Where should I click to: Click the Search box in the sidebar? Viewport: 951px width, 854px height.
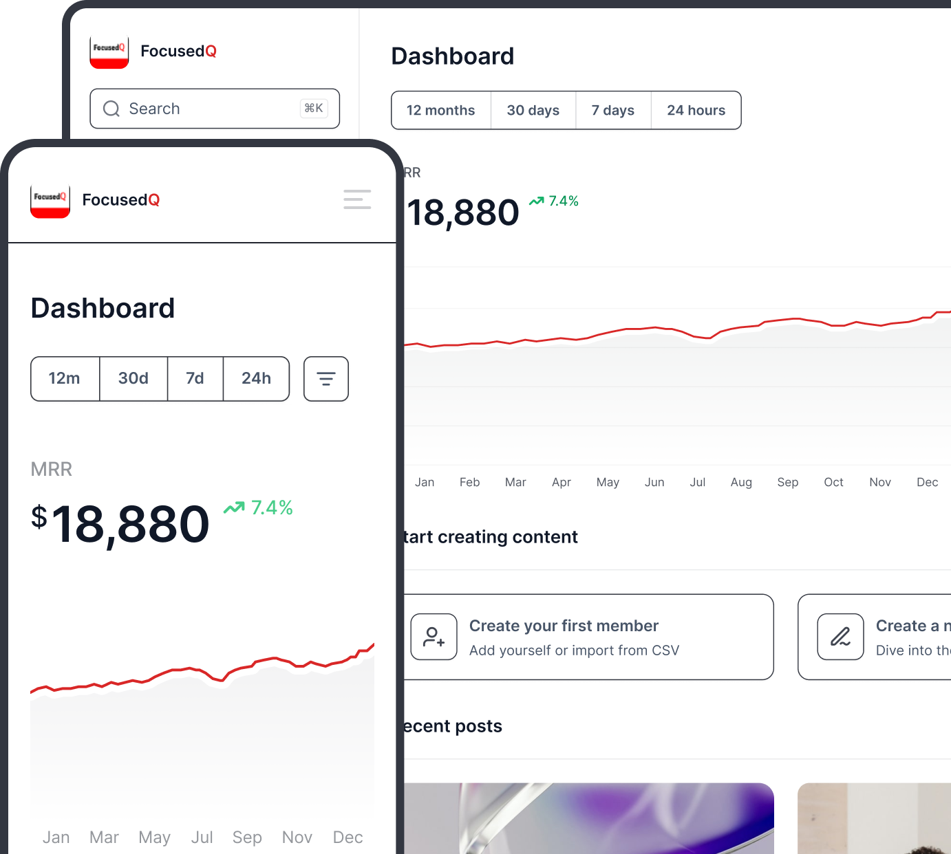click(214, 109)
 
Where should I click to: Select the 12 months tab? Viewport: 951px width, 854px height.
click(440, 110)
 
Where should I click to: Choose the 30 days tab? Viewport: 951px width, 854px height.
click(533, 110)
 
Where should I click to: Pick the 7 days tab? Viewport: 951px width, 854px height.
click(612, 110)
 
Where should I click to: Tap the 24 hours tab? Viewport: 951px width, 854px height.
click(696, 110)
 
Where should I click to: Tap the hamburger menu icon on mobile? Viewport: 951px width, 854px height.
click(357, 199)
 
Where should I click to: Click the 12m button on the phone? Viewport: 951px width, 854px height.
click(65, 378)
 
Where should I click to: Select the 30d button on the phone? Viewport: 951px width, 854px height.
click(133, 378)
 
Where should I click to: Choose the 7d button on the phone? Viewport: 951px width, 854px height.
click(195, 378)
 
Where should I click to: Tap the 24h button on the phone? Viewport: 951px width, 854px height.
click(256, 378)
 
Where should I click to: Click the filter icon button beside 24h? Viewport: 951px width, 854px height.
click(326, 378)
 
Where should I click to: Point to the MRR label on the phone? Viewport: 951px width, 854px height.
click(52, 469)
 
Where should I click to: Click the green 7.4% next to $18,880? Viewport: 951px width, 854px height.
click(271, 507)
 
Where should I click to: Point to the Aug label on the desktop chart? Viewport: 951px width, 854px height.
click(741, 482)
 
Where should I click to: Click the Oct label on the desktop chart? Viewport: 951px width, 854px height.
click(833, 482)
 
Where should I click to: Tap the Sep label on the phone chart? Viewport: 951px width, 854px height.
click(247, 837)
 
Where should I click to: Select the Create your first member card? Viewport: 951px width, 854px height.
click(588, 637)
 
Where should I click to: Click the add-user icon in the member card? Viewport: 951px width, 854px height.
click(434, 637)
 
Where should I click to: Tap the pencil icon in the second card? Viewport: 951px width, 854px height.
click(840, 637)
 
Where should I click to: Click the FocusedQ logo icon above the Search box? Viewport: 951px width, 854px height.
click(109, 52)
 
